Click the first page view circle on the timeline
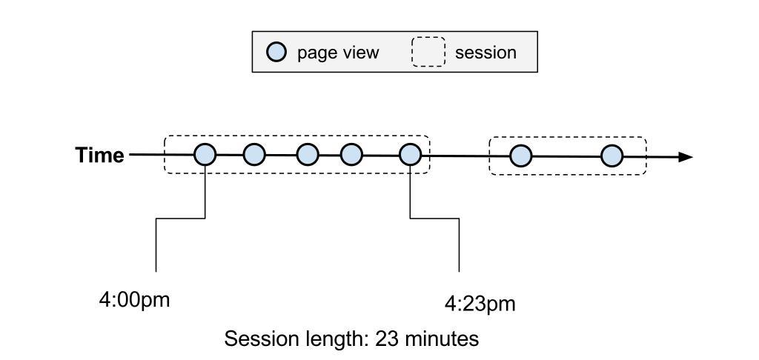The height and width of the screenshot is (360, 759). (x=205, y=155)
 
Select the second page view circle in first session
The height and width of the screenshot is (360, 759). (x=254, y=155)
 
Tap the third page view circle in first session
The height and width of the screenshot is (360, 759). (x=308, y=155)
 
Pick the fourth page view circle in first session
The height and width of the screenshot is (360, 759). (x=351, y=155)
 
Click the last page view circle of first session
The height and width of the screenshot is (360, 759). (x=410, y=155)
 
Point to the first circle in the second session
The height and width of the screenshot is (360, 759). (x=521, y=156)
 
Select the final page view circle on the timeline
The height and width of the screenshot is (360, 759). (x=611, y=156)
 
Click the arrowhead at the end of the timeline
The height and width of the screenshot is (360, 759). (x=686, y=157)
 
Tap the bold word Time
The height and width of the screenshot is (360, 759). (x=100, y=156)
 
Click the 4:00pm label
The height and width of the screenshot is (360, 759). (x=134, y=300)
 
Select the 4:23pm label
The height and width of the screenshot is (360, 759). (x=480, y=304)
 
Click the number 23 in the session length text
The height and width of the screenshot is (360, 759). (x=387, y=339)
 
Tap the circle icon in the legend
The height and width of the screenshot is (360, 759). (x=276, y=53)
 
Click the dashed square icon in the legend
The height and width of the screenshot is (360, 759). (x=428, y=52)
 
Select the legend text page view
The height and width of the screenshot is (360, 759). (x=337, y=53)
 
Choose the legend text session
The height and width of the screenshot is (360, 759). (x=485, y=53)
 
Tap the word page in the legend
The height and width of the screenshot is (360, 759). (x=314, y=53)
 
